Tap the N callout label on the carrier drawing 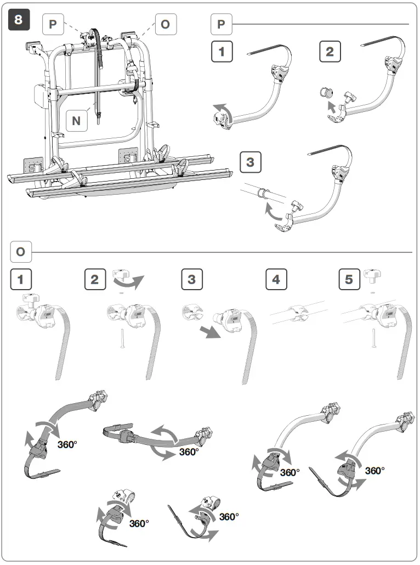[x=77, y=120]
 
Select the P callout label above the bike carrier [x=53, y=25]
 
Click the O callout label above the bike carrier [x=164, y=25]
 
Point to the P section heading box [x=222, y=25]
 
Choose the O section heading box [x=21, y=252]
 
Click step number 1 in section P [x=222, y=52]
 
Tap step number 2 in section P [x=330, y=52]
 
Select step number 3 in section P [x=251, y=162]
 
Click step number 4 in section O [x=276, y=279]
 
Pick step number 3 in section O [x=191, y=279]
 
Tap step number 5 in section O [x=349, y=279]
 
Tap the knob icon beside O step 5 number [x=373, y=276]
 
